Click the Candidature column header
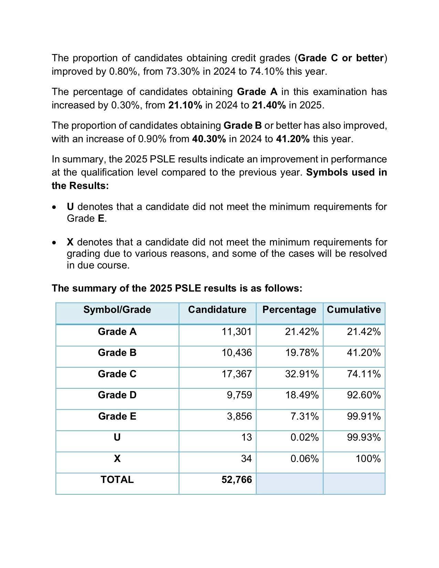(217, 310)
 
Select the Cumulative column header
(354, 310)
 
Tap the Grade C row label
(117, 374)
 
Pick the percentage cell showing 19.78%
(302, 353)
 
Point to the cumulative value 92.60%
(364, 395)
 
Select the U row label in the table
(117, 438)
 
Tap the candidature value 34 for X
(246, 459)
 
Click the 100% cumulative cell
(368, 459)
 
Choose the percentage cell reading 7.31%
(304, 416)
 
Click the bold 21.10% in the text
(185, 105)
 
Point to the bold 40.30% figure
(209, 139)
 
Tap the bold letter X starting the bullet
(70, 242)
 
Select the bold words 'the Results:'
(80, 186)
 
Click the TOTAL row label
(117, 480)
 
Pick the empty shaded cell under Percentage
(289, 483)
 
